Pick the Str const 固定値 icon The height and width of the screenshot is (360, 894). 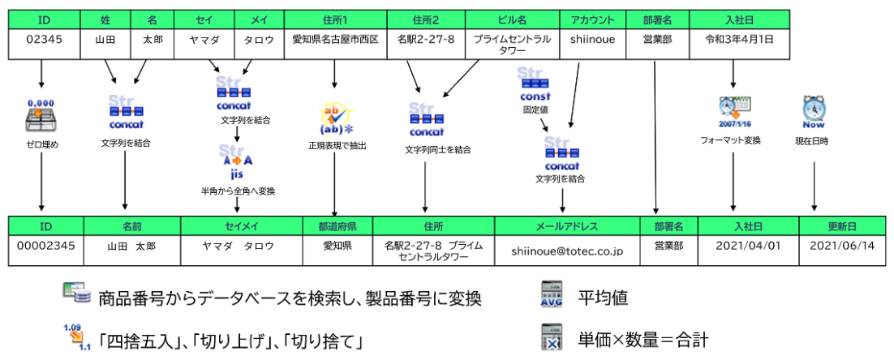[x=535, y=84]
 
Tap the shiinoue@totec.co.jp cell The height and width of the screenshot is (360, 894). [x=567, y=251]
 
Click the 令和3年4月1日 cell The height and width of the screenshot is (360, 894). [x=738, y=39]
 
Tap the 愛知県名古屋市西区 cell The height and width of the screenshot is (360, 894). [x=336, y=39]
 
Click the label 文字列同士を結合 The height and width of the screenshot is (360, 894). [x=438, y=150]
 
